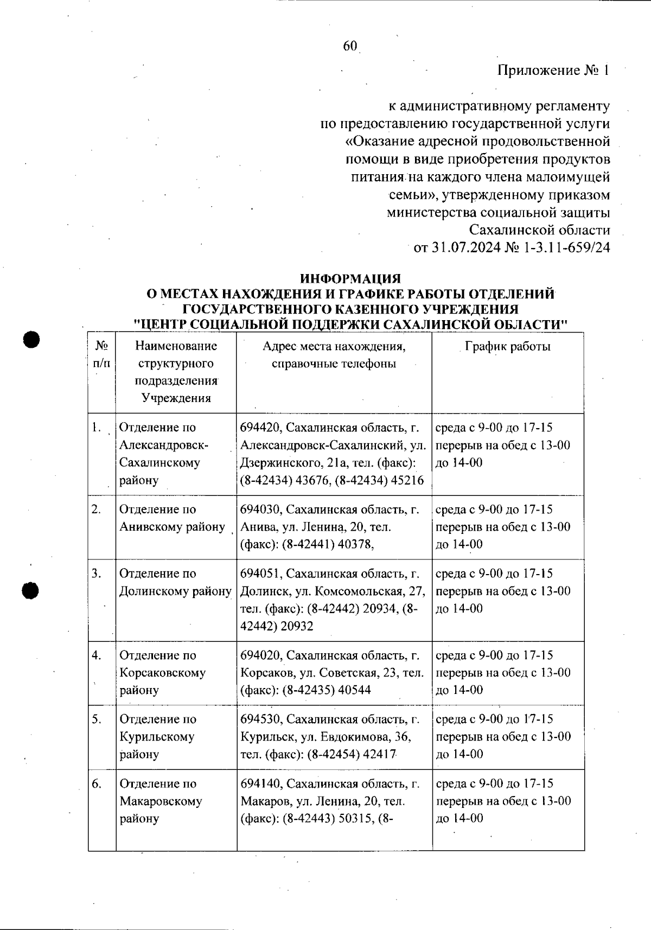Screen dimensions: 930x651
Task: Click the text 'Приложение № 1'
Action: pos(553,71)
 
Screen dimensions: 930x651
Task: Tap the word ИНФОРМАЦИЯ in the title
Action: pos(350,279)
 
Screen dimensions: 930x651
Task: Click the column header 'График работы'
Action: pos(508,347)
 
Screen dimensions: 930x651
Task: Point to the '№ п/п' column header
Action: pos(101,355)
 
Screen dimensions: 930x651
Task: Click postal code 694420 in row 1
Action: pos(260,428)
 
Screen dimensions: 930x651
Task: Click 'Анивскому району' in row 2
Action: pos(172,527)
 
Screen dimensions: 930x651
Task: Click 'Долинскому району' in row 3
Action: pos(175,591)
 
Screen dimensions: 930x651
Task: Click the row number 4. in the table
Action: pos(97,655)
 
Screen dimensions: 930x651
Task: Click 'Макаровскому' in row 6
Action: pos(161,801)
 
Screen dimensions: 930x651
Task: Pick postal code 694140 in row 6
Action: pos(260,784)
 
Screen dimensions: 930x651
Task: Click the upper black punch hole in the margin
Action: pos(31,340)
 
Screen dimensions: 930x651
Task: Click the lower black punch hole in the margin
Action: pos(31,590)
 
